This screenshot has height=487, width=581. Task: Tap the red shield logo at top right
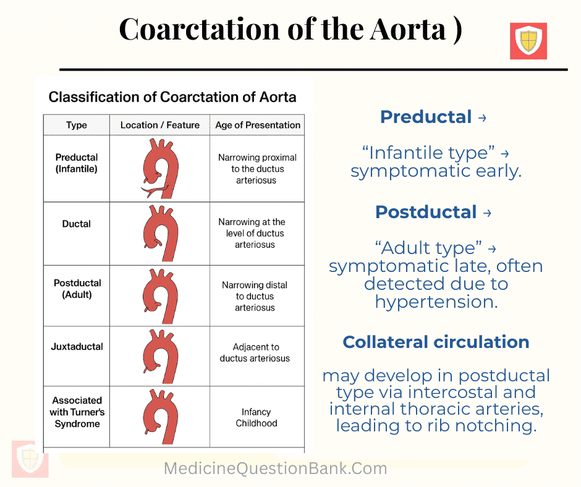[x=528, y=41]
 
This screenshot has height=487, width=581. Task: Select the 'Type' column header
[x=77, y=125]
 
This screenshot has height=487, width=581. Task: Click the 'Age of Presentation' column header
[x=258, y=125]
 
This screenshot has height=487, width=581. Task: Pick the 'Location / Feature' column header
[x=160, y=125]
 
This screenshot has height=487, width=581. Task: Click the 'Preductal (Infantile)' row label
[x=77, y=163]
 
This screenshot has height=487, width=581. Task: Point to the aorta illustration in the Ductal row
[x=160, y=234]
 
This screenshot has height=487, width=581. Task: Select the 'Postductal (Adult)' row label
[x=77, y=289]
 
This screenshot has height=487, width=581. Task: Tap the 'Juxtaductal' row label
[x=77, y=347]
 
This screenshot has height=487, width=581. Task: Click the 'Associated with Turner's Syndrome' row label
[x=77, y=412]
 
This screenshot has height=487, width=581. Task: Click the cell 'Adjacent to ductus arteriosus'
[x=255, y=353]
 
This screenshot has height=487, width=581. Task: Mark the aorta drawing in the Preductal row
[x=160, y=168]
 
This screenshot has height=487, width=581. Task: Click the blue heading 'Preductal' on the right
[x=426, y=117]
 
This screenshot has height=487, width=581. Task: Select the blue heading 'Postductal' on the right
[x=426, y=212]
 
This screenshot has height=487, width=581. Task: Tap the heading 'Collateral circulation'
[x=436, y=342]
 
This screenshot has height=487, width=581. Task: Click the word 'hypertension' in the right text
[x=436, y=302]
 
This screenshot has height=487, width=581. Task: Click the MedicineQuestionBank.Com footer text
[x=276, y=469]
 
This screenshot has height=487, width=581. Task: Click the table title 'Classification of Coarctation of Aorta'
[x=172, y=97]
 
